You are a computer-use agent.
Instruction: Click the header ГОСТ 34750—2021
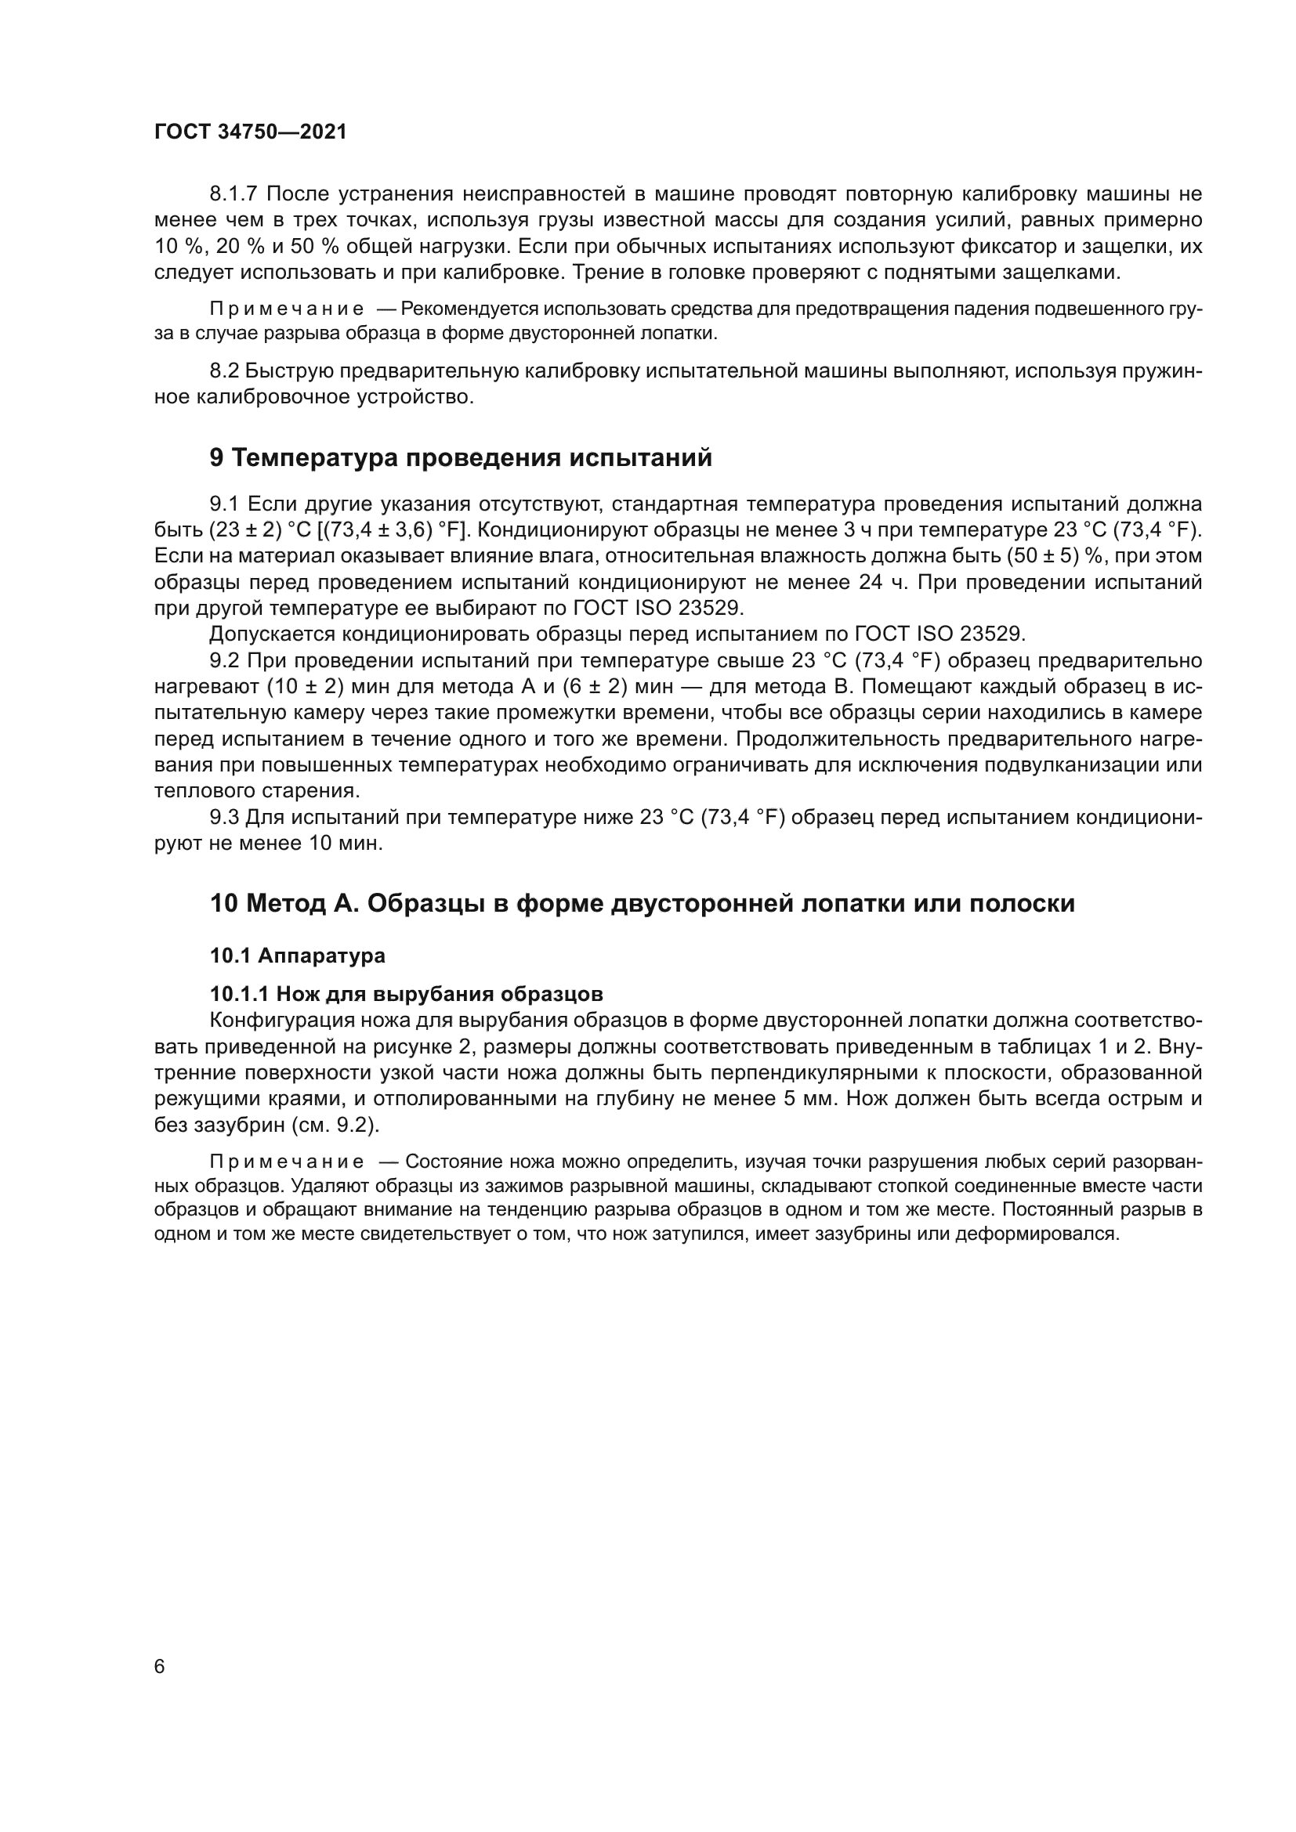click(x=251, y=132)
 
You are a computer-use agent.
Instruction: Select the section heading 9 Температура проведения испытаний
click(x=461, y=458)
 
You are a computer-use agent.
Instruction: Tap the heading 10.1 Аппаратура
click(x=297, y=955)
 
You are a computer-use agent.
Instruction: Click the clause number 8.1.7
click(x=234, y=194)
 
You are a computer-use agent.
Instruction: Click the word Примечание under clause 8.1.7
click(x=287, y=309)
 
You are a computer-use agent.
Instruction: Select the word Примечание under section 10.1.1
click(x=287, y=1161)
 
